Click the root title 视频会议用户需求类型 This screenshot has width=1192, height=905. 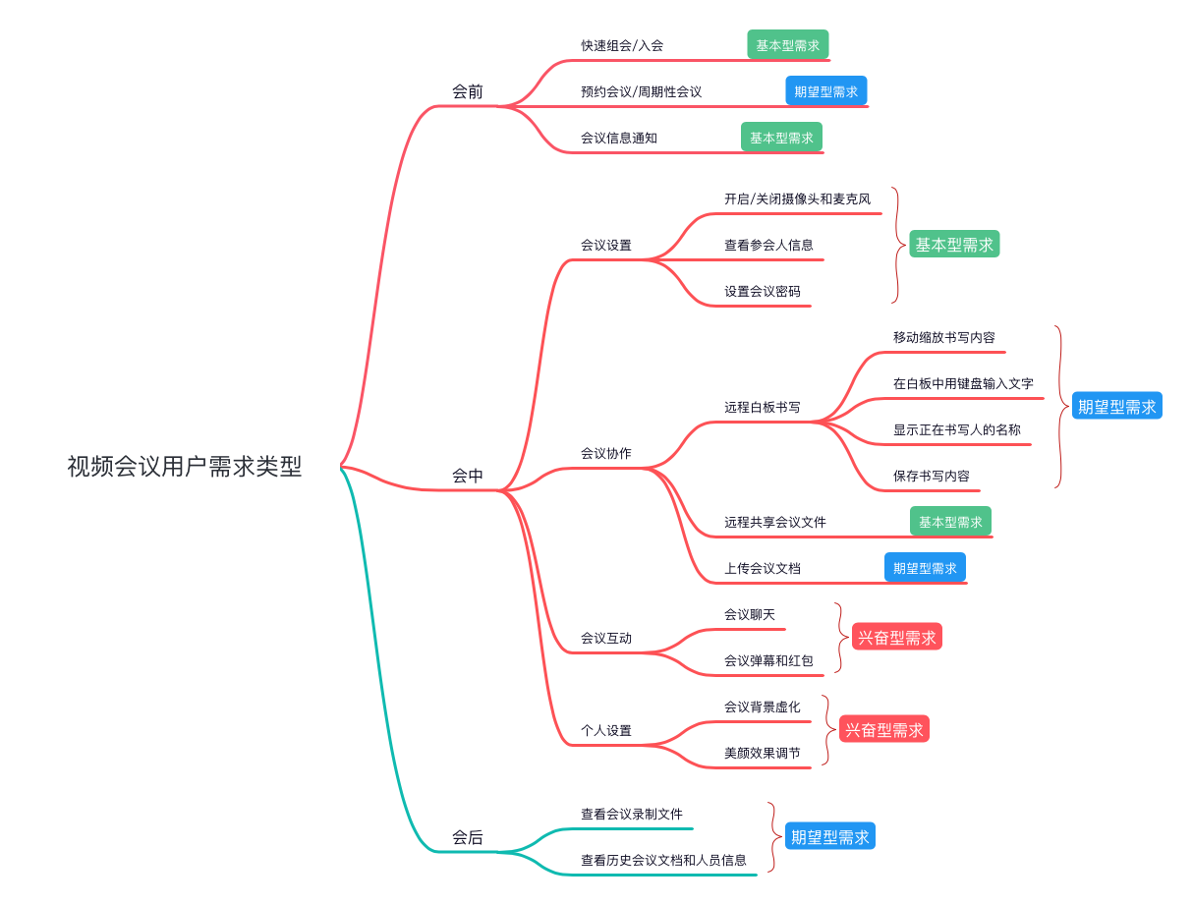pyautogui.click(x=184, y=466)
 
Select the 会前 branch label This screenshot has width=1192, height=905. pyautogui.click(x=468, y=92)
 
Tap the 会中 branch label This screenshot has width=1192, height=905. pyautogui.click(x=468, y=476)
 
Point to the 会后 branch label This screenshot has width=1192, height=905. pyautogui.click(x=468, y=838)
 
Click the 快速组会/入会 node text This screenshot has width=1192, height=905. pyautogui.click(x=622, y=46)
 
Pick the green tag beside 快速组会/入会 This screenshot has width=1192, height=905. pyautogui.click(x=787, y=45)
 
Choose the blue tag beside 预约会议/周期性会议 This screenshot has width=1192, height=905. pyautogui.click(x=825, y=91)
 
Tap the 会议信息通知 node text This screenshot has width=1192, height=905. pyautogui.click(x=619, y=138)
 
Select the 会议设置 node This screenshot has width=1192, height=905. pyautogui.click(x=606, y=245)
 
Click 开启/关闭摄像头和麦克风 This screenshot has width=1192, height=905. pyautogui.click(x=797, y=198)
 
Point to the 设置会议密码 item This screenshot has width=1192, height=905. pyautogui.click(x=763, y=291)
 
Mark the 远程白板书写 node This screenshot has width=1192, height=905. pyautogui.click(x=763, y=407)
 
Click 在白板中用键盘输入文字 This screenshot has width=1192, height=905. pyautogui.click(x=963, y=383)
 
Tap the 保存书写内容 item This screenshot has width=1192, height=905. pyautogui.click(x=932, y=476)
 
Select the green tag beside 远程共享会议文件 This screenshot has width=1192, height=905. pyautogui.click(x=950, y=522)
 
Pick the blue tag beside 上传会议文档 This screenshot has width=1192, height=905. pyautogui.click(x=925, y=568)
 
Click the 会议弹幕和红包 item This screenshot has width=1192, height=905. pyautogui.click(x=768, y=660)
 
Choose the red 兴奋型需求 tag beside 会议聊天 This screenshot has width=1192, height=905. pyautogui.click(x=896, y=637)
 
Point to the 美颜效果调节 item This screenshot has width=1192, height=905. pyautogui.click(x=763, y=753)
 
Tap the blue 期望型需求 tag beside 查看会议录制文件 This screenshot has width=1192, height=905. pyautogui.click(x=829, y=837)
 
